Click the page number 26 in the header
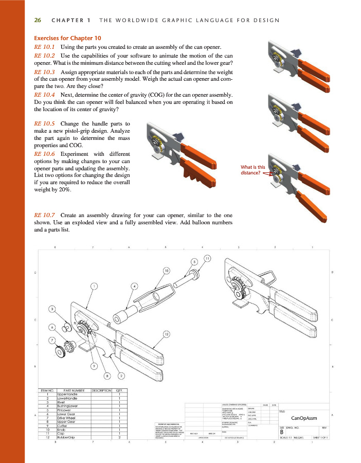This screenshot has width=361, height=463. point(37,21)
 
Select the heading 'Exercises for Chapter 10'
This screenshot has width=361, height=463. point(67,38)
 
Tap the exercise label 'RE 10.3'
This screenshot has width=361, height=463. point(44,73)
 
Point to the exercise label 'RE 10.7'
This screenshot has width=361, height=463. point(44,215)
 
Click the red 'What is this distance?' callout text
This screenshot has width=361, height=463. point(252,170)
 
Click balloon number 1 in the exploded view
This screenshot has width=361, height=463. point(94,286)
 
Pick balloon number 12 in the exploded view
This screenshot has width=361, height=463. point(167,334)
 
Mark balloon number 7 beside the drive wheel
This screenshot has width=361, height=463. point(51,340)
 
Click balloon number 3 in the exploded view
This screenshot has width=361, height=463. point(51,309)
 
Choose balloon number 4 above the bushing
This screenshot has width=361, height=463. point(134,286)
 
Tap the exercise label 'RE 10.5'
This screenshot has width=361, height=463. point(44,124)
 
